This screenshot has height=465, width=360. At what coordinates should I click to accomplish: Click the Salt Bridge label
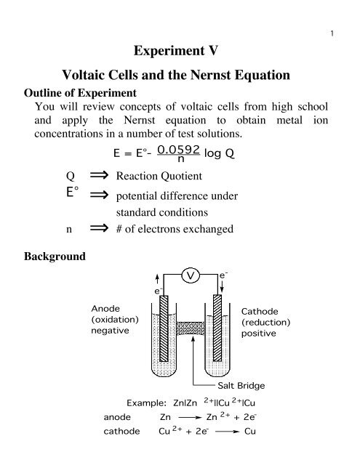tap(241, 384)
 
